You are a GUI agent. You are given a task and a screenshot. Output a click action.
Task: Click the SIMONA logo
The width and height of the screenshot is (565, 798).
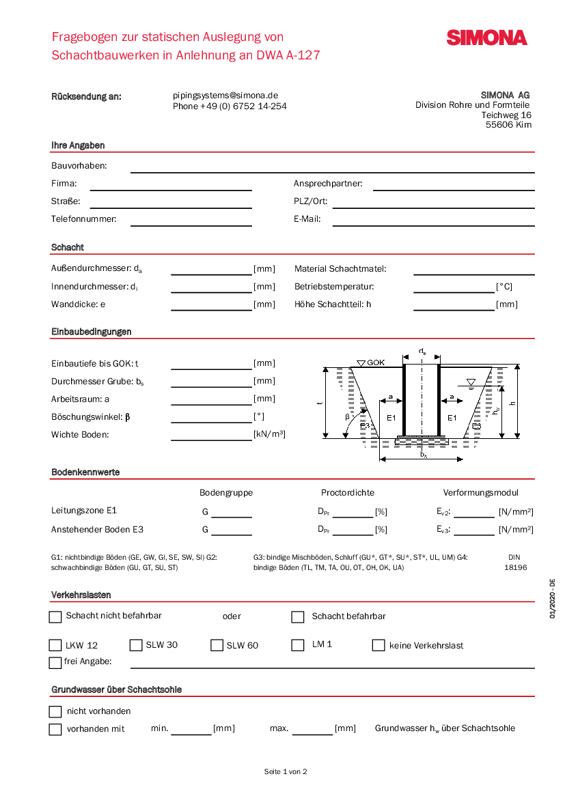pyautogui.click(x=486, y=38)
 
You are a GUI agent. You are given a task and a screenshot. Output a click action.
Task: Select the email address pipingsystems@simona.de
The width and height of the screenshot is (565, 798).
pyautogui.click(x=225, y=96)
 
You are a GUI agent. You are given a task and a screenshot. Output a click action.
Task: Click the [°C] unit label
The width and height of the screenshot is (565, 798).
pyautogui.click(x=504, y=287)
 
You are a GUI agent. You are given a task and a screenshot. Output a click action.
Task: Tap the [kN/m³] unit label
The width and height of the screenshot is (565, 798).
pyautogui.click(x=269, y=434)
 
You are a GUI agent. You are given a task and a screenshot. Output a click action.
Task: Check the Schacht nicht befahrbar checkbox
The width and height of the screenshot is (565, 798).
pyautogui.click(x=55, y=617)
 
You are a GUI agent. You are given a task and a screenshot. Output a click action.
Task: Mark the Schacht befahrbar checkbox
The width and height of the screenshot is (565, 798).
pyautogui.click(x=298, y=617)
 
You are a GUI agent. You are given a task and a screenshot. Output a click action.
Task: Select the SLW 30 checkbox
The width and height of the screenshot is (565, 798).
pyautogui.click(x=135, y=645)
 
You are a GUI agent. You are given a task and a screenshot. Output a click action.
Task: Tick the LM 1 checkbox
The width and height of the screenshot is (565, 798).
pyautogui.click(x=298, y=645)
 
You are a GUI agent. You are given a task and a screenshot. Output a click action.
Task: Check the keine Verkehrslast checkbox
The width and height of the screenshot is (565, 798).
pyautogui.click(x=378, y=645)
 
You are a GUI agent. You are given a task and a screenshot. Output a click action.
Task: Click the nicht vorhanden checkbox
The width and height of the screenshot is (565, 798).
pyautogui.click(x=55, y=712)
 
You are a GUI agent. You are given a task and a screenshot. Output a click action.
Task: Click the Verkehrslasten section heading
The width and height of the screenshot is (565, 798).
pyautogui.click(x=81, y=595)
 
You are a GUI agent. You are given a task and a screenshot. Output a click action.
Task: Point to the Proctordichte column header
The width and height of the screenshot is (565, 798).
pyautogui.click(x=348, y=493)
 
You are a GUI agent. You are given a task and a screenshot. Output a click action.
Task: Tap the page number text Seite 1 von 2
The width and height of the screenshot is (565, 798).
pyautogui.click(x=286, y=772)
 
